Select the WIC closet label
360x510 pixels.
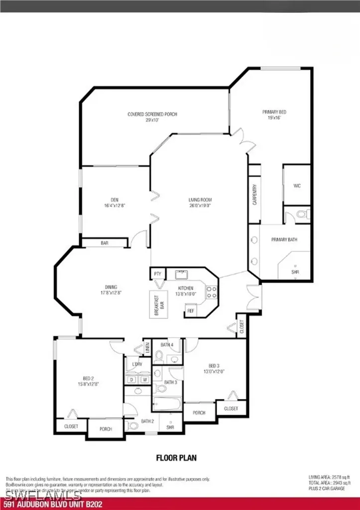297,186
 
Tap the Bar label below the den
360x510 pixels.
105,243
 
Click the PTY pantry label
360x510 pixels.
158,274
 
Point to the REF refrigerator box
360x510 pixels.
190,310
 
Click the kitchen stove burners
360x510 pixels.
211,291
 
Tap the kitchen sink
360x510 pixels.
181,274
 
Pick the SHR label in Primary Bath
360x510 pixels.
295,272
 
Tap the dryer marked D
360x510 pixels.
131,380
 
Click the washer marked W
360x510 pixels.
145,380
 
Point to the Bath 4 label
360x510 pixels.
167,344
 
